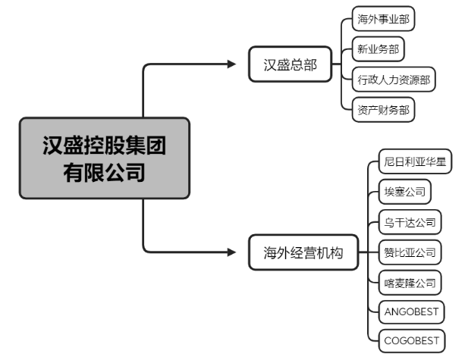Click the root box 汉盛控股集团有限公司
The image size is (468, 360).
[104, 158]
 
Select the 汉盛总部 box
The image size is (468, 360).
[291, 65]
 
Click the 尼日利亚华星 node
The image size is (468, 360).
[414, 161]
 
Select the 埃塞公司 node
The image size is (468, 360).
[404, 191]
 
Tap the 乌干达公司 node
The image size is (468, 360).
[409, 221]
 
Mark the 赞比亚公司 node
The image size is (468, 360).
[409, 251]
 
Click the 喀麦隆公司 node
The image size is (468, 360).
[409, 281]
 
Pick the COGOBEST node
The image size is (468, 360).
[411, 340]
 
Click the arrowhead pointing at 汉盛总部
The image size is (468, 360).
[232, 65]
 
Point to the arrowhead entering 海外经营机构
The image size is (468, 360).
[232, 252]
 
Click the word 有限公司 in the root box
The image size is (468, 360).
[104, 172]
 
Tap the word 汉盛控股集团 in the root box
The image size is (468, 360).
[104, 144]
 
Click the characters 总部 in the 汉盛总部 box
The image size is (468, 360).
[305, 65]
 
